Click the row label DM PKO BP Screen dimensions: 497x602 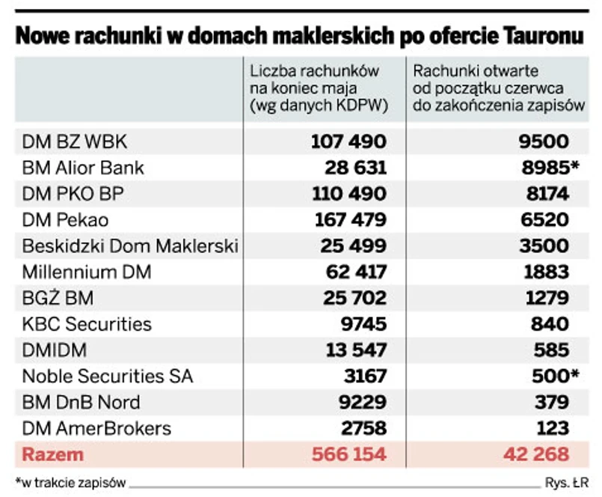pos(72,194)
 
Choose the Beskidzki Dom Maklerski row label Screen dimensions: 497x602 pos(130,246)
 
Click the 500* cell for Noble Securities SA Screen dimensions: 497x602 pos(549,376)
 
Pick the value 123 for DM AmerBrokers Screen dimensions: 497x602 pos(553,428)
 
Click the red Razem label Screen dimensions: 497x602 pos(53,454)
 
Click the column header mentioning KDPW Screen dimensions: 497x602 pos(319,89)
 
